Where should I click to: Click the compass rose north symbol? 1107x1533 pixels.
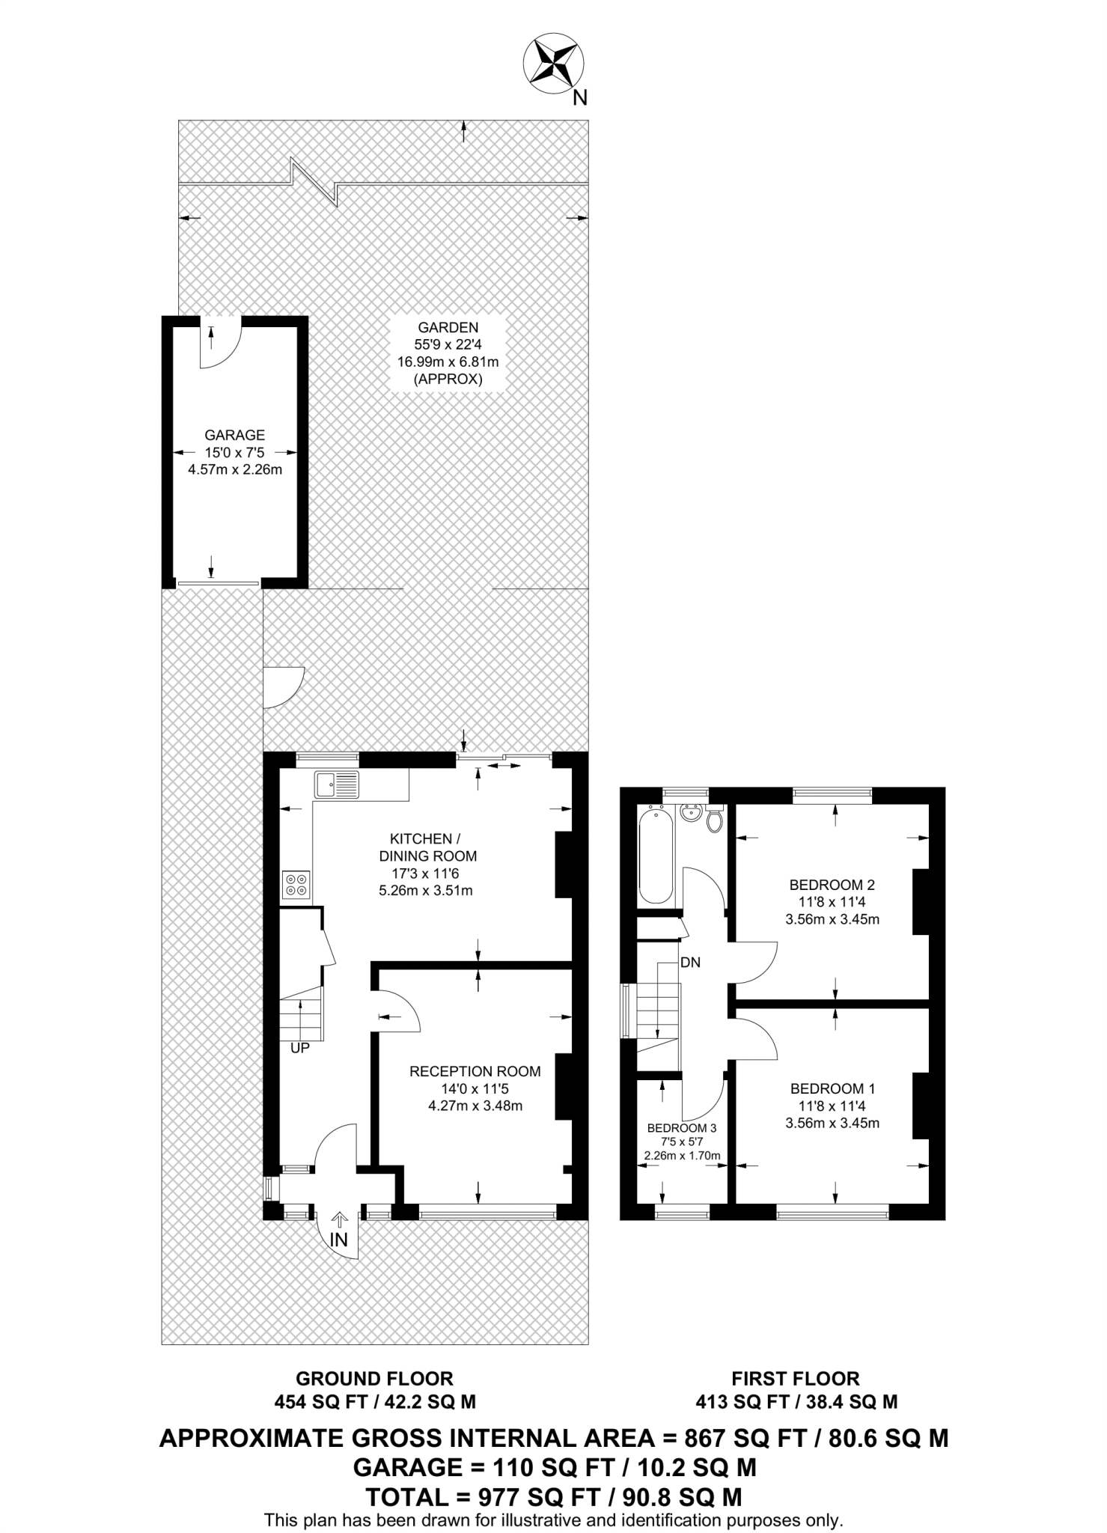coord(554,64)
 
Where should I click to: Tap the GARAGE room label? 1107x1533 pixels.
coord(234,435)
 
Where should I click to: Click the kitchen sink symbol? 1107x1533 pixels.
coord(338,784)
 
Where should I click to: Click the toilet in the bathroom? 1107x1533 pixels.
coord(714,820)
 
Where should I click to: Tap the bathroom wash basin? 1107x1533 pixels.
coord(690,812)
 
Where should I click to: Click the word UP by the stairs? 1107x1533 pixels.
coord(299,1049)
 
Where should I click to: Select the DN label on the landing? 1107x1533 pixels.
coord(690,963)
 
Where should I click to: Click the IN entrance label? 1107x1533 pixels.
coord(339,1240)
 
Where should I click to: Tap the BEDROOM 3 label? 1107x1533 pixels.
coord(682,1127)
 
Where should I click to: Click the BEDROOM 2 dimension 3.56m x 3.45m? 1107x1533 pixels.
coord(832,919)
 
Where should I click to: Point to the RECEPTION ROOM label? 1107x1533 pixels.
coord(475,1072)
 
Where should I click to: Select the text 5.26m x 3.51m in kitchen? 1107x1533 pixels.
coord(426,891)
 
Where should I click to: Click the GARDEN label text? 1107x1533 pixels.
coord(448,327)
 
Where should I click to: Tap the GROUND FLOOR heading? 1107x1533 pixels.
coord(374,1378)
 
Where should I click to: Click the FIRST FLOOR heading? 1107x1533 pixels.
coord(795,1378)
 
